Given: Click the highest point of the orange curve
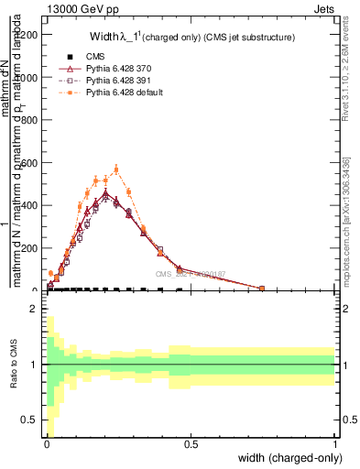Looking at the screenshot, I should tap(115, 169).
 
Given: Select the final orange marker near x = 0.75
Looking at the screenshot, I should tap(262, 289).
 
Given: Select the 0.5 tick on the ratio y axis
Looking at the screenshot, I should tap(34, 420).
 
